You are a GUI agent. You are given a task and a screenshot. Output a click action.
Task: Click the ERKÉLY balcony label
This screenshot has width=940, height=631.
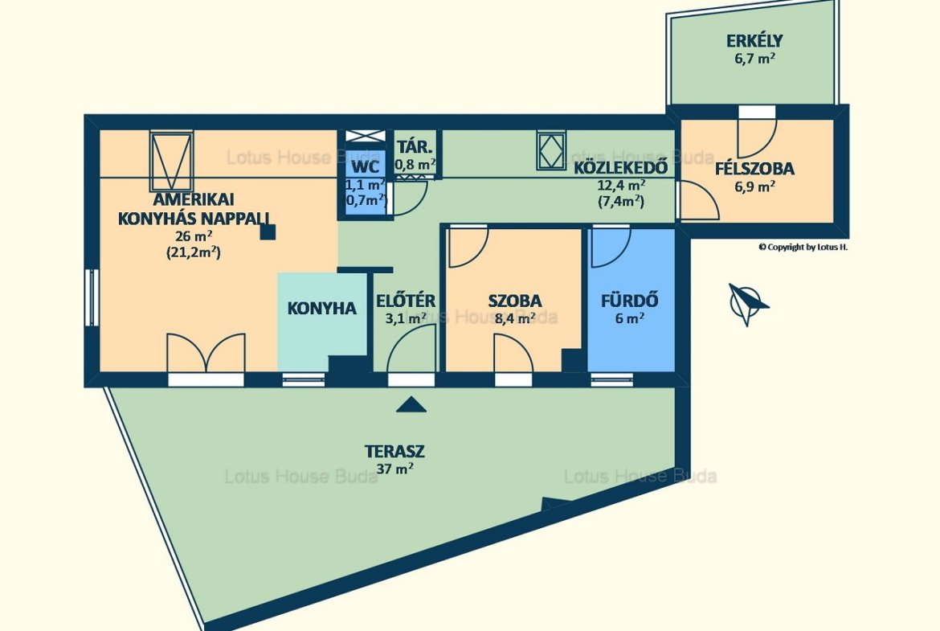pyautogui.click(x=754, y=41)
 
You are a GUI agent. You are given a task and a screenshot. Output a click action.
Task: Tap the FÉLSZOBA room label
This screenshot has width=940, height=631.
pyautogui.click(x=754, y=169)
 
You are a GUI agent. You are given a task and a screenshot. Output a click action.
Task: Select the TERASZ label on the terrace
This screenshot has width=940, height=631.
pyautogui.click(x=395, y=450)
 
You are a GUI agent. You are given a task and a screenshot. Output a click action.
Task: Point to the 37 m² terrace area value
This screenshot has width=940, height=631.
pyautogui.click(x=394, y=469)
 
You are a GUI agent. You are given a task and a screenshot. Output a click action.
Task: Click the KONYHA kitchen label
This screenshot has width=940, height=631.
pyautogui.click(x=322, y=309)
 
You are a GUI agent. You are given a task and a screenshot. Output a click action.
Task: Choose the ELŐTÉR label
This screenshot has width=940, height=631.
pyautogui.click(x=406, y=300)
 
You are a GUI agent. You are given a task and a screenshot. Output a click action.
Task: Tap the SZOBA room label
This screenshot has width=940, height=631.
pyautogui.click(x=515, y=301)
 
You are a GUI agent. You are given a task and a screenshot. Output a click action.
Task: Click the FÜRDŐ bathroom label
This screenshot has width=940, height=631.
pyautogui.click(x=630, y=300)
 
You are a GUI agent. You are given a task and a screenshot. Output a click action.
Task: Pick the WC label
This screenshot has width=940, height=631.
pyautogui.click(x=365, y=166)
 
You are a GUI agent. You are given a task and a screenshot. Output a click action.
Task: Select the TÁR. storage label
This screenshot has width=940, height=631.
pyautogui.click(x=415, y=147)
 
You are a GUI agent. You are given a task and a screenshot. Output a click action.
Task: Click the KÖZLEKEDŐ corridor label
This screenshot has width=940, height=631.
pyautogui.click(x=620, y=168)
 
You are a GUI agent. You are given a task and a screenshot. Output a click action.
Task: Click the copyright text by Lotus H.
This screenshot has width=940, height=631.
pyautogui.click(x=803, y=247)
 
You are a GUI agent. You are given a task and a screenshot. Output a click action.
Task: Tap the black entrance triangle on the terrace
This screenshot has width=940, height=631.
pyautogui.click(x=411, y=405)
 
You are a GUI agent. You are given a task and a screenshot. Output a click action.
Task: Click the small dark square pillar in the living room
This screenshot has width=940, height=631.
pyautogui.click(x=268, y=232)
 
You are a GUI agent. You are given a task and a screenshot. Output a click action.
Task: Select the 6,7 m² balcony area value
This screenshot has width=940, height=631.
pyautogui.click(x=754, y=59)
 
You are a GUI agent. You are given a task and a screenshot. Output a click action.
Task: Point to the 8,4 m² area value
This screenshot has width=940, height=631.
pyautogui.click(x=515, y=318)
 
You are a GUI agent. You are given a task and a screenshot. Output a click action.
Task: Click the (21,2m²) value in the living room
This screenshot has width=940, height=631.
pyautogui.click(x=193, y=252)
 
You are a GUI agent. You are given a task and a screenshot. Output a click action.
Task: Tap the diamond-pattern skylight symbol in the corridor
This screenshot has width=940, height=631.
pyautogui.click(x=551, y=150)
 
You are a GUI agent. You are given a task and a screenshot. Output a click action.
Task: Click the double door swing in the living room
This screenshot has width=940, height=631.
pyautogui.click(x=206, y=354)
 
